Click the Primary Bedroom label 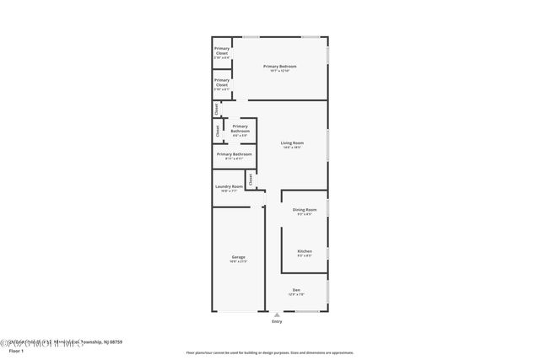(x=279, y=66)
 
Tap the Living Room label (x=292, y=142)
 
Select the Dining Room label (x=305, y=209)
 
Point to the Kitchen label (x=305, y=251)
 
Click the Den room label (x=296, y=289)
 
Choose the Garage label (x=239, y=256)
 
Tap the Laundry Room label (x=229, y=186)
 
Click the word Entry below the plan (x=277, y=322)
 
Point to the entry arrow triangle (x=277, y=314)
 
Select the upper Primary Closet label (x=221, y=50)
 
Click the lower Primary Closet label (x=221, y=81)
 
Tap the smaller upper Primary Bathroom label (x=240, y=126)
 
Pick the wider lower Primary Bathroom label (x=234, y=154)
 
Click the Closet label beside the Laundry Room (x=251, y=179)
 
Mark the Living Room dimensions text (x=292, y=148)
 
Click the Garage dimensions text (x=239, y=261)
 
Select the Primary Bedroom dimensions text (x=279, y=71)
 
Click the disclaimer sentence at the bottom (x=269, y=352)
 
